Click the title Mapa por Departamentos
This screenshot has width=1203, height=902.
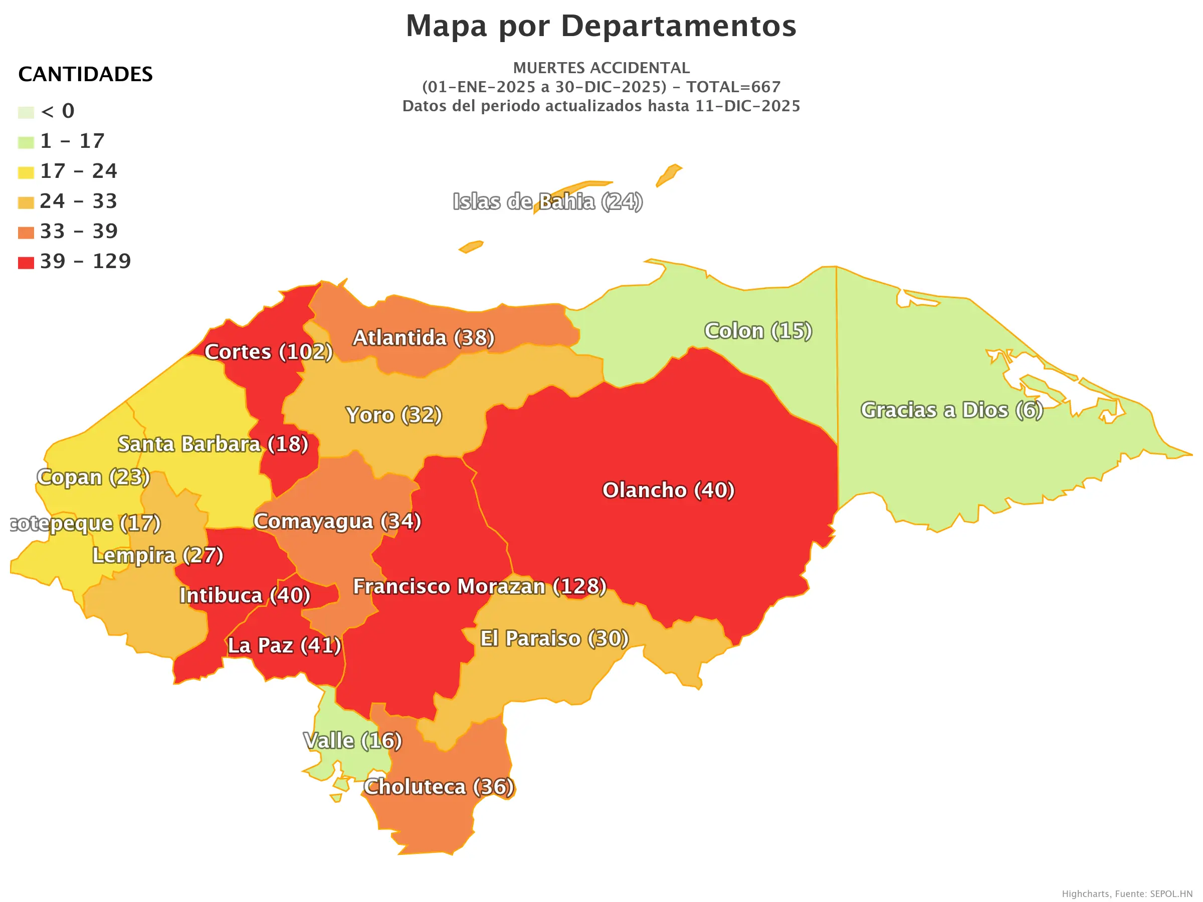pyautogui.click(x=601, y=26)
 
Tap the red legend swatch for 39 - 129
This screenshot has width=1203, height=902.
pyautogui.click(x=26, y=263)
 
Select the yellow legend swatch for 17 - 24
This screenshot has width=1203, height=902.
pyautogui.click(x=26, y=172)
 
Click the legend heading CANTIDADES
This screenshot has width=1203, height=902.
pyautogui.click(x=85, y=74)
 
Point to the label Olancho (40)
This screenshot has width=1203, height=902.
pyautogui.click(x=668, y=490)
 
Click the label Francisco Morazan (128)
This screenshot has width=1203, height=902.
pyautogui.click(x=480, y=586)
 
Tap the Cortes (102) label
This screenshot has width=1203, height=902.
pyautogui.click(x=268, y=352)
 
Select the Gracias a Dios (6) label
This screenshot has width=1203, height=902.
pyautogui.click(x=952, y=410)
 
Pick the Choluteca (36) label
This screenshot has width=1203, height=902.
pyautogui.click(x=439, y=787)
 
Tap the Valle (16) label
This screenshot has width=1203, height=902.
pyautogui.click(x=352, y=741)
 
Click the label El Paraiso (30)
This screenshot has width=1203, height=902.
pyautogui.click(x=554, y=638)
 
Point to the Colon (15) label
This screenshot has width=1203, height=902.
pyautogui.click(x=758, y=331)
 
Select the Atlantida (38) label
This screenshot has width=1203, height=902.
pyautogui.click(x=424, y=338)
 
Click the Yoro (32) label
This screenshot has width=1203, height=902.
pyautogui.click(x=394, y=415)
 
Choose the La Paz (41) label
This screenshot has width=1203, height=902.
pyautogui.click(x=284, y=645)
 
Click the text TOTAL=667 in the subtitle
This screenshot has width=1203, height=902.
pyautogui.click(x=733, y=87)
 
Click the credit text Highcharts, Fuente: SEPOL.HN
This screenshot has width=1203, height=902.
pyautogui.click(x=1127, y=894)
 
